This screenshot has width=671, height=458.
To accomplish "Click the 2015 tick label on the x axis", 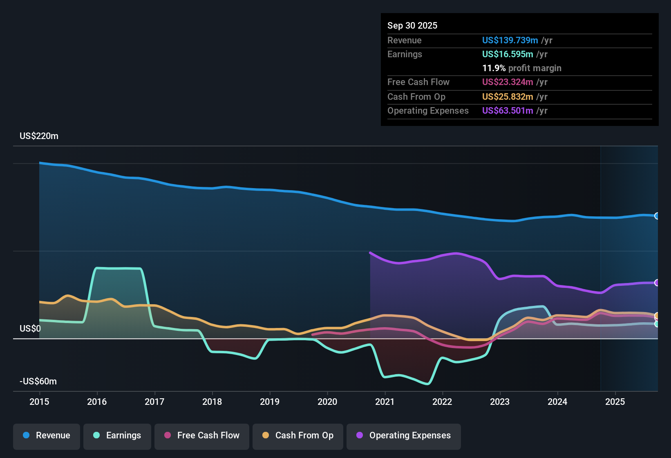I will click(39, 402).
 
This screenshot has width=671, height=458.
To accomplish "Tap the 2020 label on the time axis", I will click(327, 402).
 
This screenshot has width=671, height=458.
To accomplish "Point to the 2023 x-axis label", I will click(500, 402).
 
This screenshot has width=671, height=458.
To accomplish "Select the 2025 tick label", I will click(615, 402).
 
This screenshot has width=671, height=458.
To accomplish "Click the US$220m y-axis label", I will click(39, 136).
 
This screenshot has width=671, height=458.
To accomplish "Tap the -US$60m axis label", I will click(38, 382).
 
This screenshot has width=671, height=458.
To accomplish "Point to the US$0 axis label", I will click(30, 329).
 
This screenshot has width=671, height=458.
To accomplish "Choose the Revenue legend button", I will click(47, 436).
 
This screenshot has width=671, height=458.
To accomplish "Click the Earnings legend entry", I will click(117, 436).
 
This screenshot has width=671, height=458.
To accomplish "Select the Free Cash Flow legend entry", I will click(202, 436).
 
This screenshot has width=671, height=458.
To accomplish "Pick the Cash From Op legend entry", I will click(298, 436).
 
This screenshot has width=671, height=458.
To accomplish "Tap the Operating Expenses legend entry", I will click(404, 436).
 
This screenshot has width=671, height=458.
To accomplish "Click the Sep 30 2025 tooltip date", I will click(412, 25).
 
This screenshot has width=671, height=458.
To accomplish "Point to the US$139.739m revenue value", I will click(510, 40).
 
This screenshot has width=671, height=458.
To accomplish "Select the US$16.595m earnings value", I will click(507, 54).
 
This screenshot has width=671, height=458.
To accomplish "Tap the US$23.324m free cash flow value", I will click(507, 82).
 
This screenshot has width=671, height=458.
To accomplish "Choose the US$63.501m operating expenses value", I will click(507, 110).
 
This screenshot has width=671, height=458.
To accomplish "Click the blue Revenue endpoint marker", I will click(657, 216).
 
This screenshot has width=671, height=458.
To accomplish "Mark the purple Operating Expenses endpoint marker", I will click(657, 283).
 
